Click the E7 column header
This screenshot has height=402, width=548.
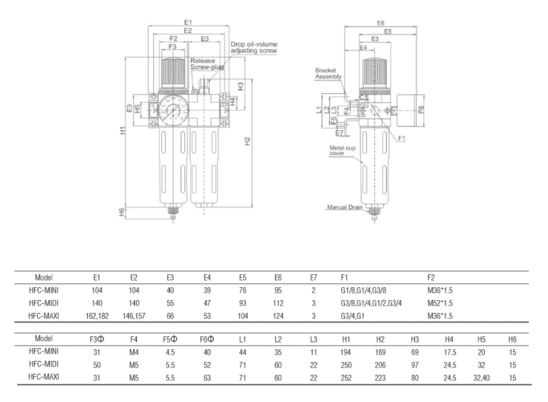click(x=313, y=277)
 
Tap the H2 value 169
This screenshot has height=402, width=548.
click(x=380, y=352)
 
